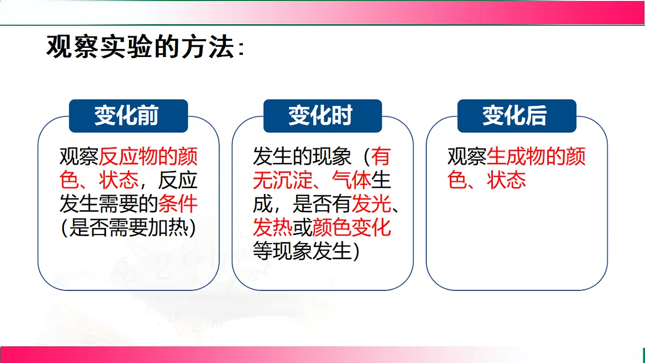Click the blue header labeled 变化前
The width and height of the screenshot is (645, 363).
tap(128, 116)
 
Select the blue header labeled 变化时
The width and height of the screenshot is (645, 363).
tap(322, 116)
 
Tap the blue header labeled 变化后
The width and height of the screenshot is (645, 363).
tap(516, 116)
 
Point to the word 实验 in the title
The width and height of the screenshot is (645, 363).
tap(126, 47)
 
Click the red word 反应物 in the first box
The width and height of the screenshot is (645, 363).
tap(129, 157)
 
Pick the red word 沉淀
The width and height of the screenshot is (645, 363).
tap(292, 180)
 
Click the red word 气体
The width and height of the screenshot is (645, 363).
tap(352, 180)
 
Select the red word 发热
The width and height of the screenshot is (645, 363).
tap(273, 227)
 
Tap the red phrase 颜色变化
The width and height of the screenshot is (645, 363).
tap(352, 227)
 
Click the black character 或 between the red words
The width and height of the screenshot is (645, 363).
tap(302, 227)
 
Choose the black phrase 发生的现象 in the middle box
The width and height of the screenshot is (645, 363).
tap(302, 157)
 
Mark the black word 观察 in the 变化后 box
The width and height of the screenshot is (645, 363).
tap(467, 157)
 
